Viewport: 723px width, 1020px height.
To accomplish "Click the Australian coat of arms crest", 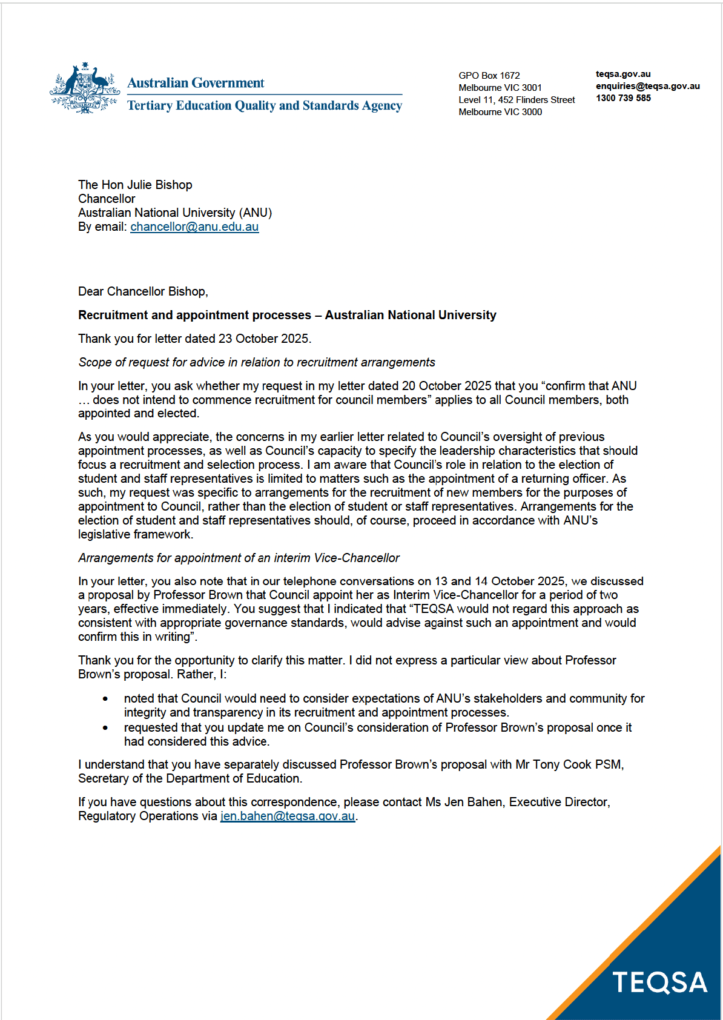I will pyautogui.click(x=85, y=88).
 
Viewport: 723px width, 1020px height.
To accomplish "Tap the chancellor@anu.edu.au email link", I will pyautogui.click(x=194, y=227).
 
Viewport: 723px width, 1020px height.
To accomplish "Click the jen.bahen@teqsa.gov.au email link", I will pyautogui.click(x=288, y=816).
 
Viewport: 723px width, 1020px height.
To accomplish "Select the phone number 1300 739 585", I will pyautogui.click(x=623, y=98).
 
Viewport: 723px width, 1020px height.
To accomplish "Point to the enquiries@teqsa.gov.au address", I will pyautogui.click(x=647, y=86).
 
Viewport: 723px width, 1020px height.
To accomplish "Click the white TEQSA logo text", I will pyautogui.click(x=660, y=982).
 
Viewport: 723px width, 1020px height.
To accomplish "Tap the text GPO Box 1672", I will pyautogui.click(x=489, y=76).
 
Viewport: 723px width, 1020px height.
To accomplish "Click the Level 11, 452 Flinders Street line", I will pyautogui.click(x=517, y=100).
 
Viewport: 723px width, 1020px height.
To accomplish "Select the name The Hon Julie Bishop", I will pyautogui.click(x=135, y=185).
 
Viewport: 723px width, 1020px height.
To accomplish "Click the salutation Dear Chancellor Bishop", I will pyautogui.click(x=143, y=292).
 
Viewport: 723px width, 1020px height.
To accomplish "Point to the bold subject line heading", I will pyautogui.click(x=287, y=316).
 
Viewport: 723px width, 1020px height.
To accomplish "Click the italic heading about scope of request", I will pyautogui.click(x=257, y=363).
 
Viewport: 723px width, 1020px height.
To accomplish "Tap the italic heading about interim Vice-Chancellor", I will pyautogui.click(x=239, y=558).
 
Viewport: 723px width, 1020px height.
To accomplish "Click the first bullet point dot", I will pyautogui.click(x=105, y=699).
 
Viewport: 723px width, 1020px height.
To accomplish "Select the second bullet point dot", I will pyautogui.click(x=105, y=728).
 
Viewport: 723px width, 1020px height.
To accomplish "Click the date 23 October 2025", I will pyautogui.click(x=263, y=339).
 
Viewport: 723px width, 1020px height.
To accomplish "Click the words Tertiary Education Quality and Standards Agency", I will pyautogui.click(x=265, y=106).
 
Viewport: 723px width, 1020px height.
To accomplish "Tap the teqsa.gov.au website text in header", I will pyautogui.click(x=623, y=74).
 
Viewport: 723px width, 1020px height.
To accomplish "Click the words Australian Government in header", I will pyautogui.click(x=196, y=83).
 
